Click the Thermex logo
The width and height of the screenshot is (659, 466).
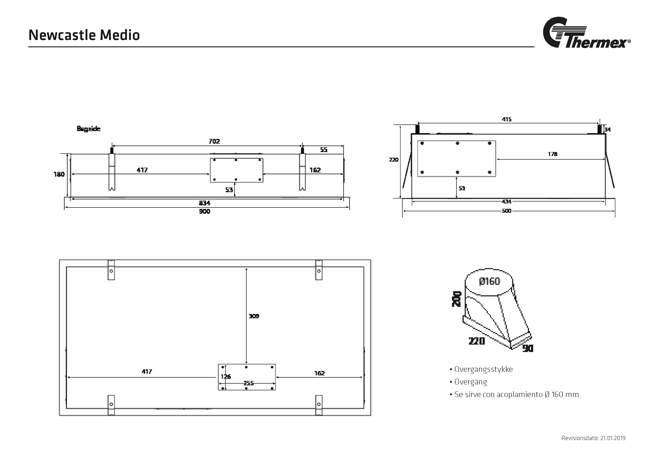[586, 33]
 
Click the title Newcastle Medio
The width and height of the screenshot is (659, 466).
[84, 35]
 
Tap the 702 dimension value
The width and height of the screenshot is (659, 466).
[214, 141]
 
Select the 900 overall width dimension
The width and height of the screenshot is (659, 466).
[204, 211]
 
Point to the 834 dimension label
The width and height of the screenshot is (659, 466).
[204, 203]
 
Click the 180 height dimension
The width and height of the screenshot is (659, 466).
[59, 174]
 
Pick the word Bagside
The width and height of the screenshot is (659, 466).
[88, 129]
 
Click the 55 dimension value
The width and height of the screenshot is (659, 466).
[324, 150]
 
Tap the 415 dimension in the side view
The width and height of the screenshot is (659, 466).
[507, 119]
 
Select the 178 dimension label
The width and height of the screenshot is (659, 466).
[553, 154]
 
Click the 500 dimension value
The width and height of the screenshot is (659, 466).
[506, 211]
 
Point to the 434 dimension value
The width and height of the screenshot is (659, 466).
[506, 201]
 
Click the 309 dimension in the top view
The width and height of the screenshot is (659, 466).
[254, 316]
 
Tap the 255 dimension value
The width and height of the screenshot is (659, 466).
[248, 383]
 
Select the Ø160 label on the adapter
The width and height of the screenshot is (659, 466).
[489, 281]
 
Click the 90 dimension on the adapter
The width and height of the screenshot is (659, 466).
[528, 348]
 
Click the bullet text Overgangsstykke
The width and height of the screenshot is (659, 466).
[483, 369]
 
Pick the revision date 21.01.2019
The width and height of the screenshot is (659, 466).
[613, 438]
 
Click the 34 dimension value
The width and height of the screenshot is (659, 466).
[608, 130]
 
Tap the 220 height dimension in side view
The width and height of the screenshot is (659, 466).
[394, 160]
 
